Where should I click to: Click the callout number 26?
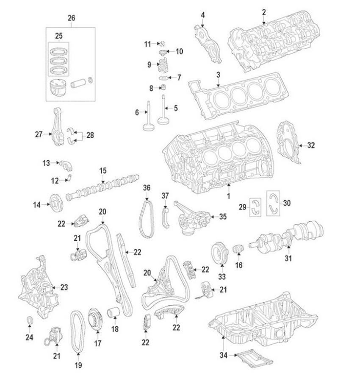pos(71,18)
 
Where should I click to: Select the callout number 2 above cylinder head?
pos(263,12)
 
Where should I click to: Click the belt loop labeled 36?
pos(147,219)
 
